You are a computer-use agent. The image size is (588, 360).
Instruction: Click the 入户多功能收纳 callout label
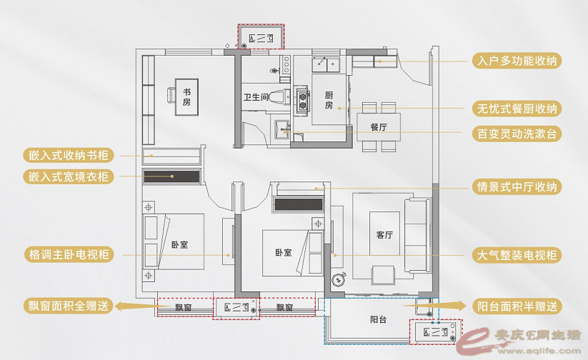tap(517, 61)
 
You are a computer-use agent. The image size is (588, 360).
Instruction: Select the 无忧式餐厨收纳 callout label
tap(517, 109)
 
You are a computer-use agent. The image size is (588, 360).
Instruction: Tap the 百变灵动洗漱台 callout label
tap(517, 134)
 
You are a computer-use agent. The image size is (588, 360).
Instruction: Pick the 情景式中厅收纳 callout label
tap(517, 186)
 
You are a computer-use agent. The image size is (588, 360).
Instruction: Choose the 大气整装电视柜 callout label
tap(517, 255)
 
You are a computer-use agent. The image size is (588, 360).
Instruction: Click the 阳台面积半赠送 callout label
tap(517, 306)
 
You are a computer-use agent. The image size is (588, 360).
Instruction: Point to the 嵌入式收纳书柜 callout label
tap(69, 155)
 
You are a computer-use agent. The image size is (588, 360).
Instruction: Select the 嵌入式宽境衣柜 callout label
tap(69, 176)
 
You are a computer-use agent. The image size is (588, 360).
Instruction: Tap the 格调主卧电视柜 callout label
tap(69, 254)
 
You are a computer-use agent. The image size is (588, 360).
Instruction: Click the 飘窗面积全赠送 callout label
tap(69, 306)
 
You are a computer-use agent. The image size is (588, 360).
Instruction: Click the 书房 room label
tap(186, 96)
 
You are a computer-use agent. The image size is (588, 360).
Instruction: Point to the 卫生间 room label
tap(256, 97)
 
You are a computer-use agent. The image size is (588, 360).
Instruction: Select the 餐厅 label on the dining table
tap(379, 127)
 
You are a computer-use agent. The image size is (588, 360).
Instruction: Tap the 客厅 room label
tap(384, 235)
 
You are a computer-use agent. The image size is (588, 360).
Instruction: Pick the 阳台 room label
tap(378, 319)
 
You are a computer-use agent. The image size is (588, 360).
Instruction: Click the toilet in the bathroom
tap(279, 96)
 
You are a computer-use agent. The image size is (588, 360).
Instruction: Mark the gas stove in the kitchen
tap(303, 100)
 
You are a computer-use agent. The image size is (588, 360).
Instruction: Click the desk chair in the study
tap(171, 94)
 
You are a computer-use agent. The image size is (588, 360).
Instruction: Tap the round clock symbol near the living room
tap(338, 280)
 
